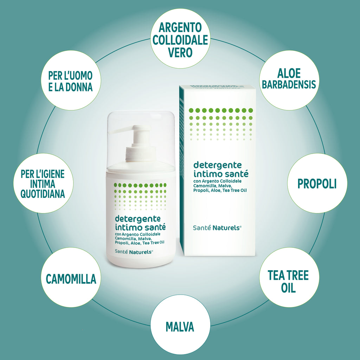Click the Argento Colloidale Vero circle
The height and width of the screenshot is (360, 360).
180,38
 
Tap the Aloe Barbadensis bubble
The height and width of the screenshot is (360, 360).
289,80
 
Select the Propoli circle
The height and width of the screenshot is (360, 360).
317,183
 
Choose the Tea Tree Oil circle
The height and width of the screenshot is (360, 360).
289,277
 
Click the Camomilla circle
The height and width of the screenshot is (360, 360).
71,277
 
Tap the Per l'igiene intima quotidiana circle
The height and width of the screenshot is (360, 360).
43,183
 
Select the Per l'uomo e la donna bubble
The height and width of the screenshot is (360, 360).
71,80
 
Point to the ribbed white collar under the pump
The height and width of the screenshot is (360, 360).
140,153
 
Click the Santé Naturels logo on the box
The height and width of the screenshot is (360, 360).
217,228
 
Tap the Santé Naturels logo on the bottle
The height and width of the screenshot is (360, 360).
134,252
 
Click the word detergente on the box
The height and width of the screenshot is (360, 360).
218,166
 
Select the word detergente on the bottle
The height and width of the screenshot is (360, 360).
138,219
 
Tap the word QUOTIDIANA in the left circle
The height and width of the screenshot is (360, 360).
43,194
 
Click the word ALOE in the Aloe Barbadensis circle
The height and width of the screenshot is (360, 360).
289,73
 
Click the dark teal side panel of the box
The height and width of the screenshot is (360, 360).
182,170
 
